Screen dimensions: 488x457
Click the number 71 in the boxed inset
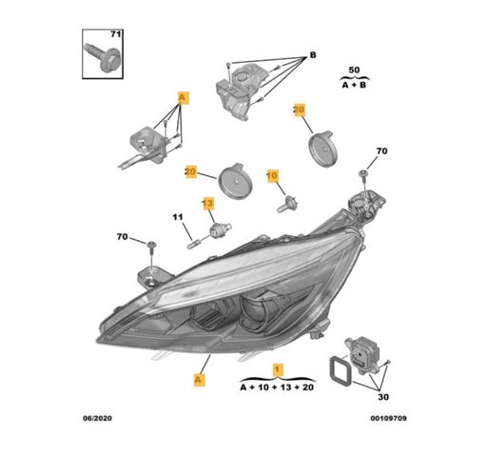click(116, 34)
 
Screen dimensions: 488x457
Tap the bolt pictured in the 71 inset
click(102, 58)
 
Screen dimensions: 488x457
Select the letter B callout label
click(313, 55)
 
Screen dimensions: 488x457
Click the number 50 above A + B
click(354, 70)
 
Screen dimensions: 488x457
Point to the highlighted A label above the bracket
click(183, 97)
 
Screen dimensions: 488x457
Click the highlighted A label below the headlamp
click(199, 379)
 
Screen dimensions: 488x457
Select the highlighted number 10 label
click(272, 175)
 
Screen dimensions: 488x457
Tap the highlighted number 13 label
click(208, 203)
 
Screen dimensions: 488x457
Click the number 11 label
click(178, 217)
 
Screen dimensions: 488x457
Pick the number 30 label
click(383, 397)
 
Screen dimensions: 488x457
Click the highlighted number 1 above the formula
click(278, 369)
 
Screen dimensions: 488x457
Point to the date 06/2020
click(97, 418)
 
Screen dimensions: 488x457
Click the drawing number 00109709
click(388, 418)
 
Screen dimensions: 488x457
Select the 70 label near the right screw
click(381, 151)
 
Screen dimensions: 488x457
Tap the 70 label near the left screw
click(122, 237)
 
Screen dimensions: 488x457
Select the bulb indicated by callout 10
click(287, 204)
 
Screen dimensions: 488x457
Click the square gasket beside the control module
click(341, 371)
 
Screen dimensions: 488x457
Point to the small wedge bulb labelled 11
click(193, 245)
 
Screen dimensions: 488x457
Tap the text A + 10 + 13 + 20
click(277, 387)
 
